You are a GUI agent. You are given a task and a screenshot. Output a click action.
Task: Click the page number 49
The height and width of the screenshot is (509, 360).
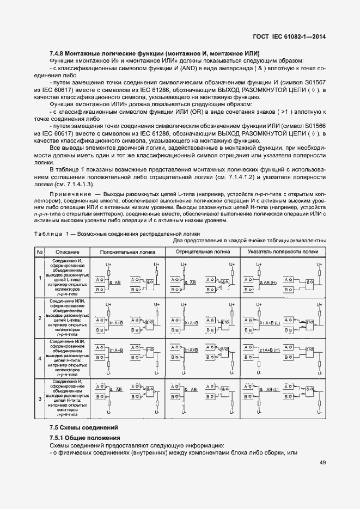(322, 463)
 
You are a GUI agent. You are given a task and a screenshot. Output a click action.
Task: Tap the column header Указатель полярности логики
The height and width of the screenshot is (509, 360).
(283, 252)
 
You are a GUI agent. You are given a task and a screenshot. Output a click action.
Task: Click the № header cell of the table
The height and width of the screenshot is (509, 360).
(40, 252)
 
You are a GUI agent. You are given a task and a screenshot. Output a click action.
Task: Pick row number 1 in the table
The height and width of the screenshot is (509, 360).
(40, 278)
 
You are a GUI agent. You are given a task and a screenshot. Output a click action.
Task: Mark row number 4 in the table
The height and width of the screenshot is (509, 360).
(40, 359)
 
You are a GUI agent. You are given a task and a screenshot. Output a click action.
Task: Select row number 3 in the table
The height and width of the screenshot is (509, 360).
(40, 399)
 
